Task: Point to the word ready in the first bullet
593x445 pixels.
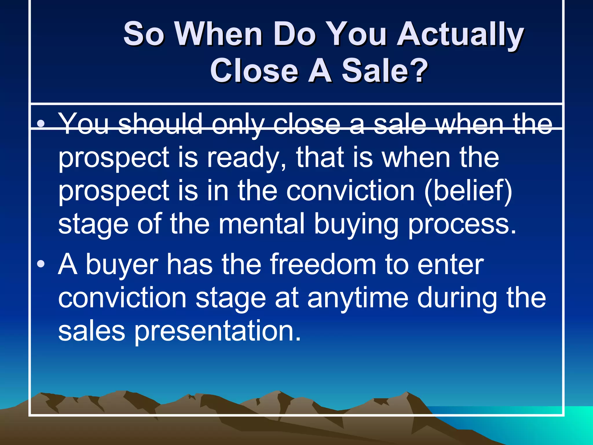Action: point(246,158)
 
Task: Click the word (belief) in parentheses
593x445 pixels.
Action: point(468,191)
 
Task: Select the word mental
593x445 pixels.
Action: point(261,224)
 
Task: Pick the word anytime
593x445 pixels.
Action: point(358,298)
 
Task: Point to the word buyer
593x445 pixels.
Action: point(122,265)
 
